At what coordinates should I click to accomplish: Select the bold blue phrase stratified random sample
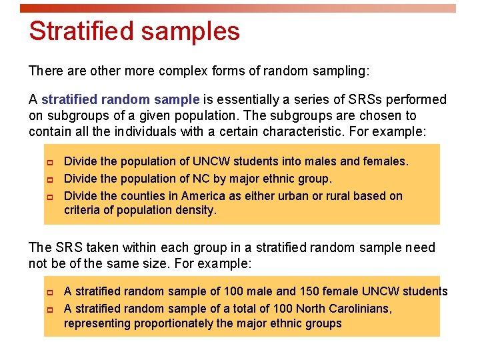coord(120,99)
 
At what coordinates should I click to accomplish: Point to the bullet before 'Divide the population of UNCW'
coord(48,161)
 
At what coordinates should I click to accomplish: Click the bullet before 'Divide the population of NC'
coord(48,179)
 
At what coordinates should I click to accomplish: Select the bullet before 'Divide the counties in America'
coord(48,196)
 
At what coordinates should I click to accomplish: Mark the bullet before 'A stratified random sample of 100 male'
coord(48,291)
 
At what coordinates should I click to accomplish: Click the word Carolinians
coord(361,309)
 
